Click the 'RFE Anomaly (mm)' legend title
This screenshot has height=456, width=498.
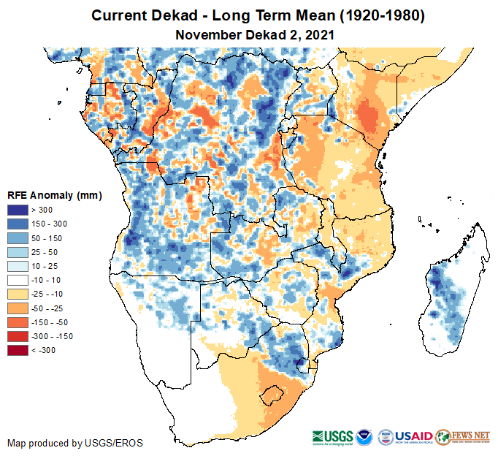[54, 196]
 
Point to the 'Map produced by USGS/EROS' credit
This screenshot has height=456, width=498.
[75, 443]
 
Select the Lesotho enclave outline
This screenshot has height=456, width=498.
[273, 395]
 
